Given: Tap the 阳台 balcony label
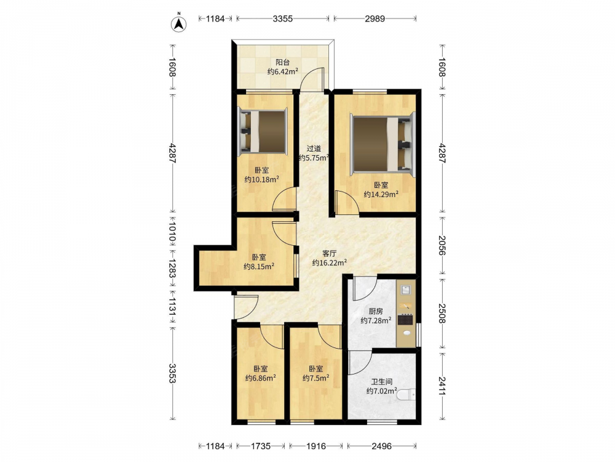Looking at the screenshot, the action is coord(282,62).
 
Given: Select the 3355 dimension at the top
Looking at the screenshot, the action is coord(283,18).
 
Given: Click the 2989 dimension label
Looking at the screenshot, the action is coord(375,18).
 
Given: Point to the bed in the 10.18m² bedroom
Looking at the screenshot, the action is coord(263,132).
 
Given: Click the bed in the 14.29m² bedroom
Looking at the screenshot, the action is coord(383,144).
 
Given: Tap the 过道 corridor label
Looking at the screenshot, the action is coord(314,148).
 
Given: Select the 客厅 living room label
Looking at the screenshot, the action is coord(330,253).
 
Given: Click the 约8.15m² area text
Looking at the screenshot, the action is coord(259,266).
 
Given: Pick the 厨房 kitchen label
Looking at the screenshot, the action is coord(376,311).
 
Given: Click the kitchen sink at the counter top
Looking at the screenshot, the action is coord(406,290).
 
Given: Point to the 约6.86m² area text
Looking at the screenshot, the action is coord(260,378).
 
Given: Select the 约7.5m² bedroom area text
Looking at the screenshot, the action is coord(315,378).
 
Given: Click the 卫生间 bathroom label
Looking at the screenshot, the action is coord(382,381).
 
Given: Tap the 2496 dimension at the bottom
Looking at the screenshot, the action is coord(382,446).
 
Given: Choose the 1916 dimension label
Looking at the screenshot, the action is coord(316,446).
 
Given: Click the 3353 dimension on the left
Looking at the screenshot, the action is coord(173,373).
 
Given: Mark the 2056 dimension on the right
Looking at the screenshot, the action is coord(442,246).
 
